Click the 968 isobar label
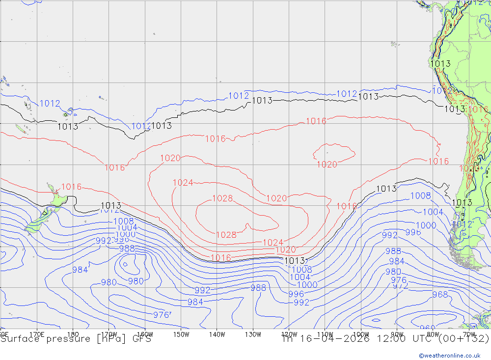point(440,295)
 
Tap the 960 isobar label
point(427,328)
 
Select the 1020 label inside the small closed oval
point(327,165)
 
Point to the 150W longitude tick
point(181,334)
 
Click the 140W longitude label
point(217,334)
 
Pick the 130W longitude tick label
point(253,334)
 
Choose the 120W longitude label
point(289,334)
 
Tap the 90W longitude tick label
point(397,334)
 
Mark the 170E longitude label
point(37,334)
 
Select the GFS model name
point(140,339)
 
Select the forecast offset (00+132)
point(465,339)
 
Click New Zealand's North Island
point(59,199)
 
